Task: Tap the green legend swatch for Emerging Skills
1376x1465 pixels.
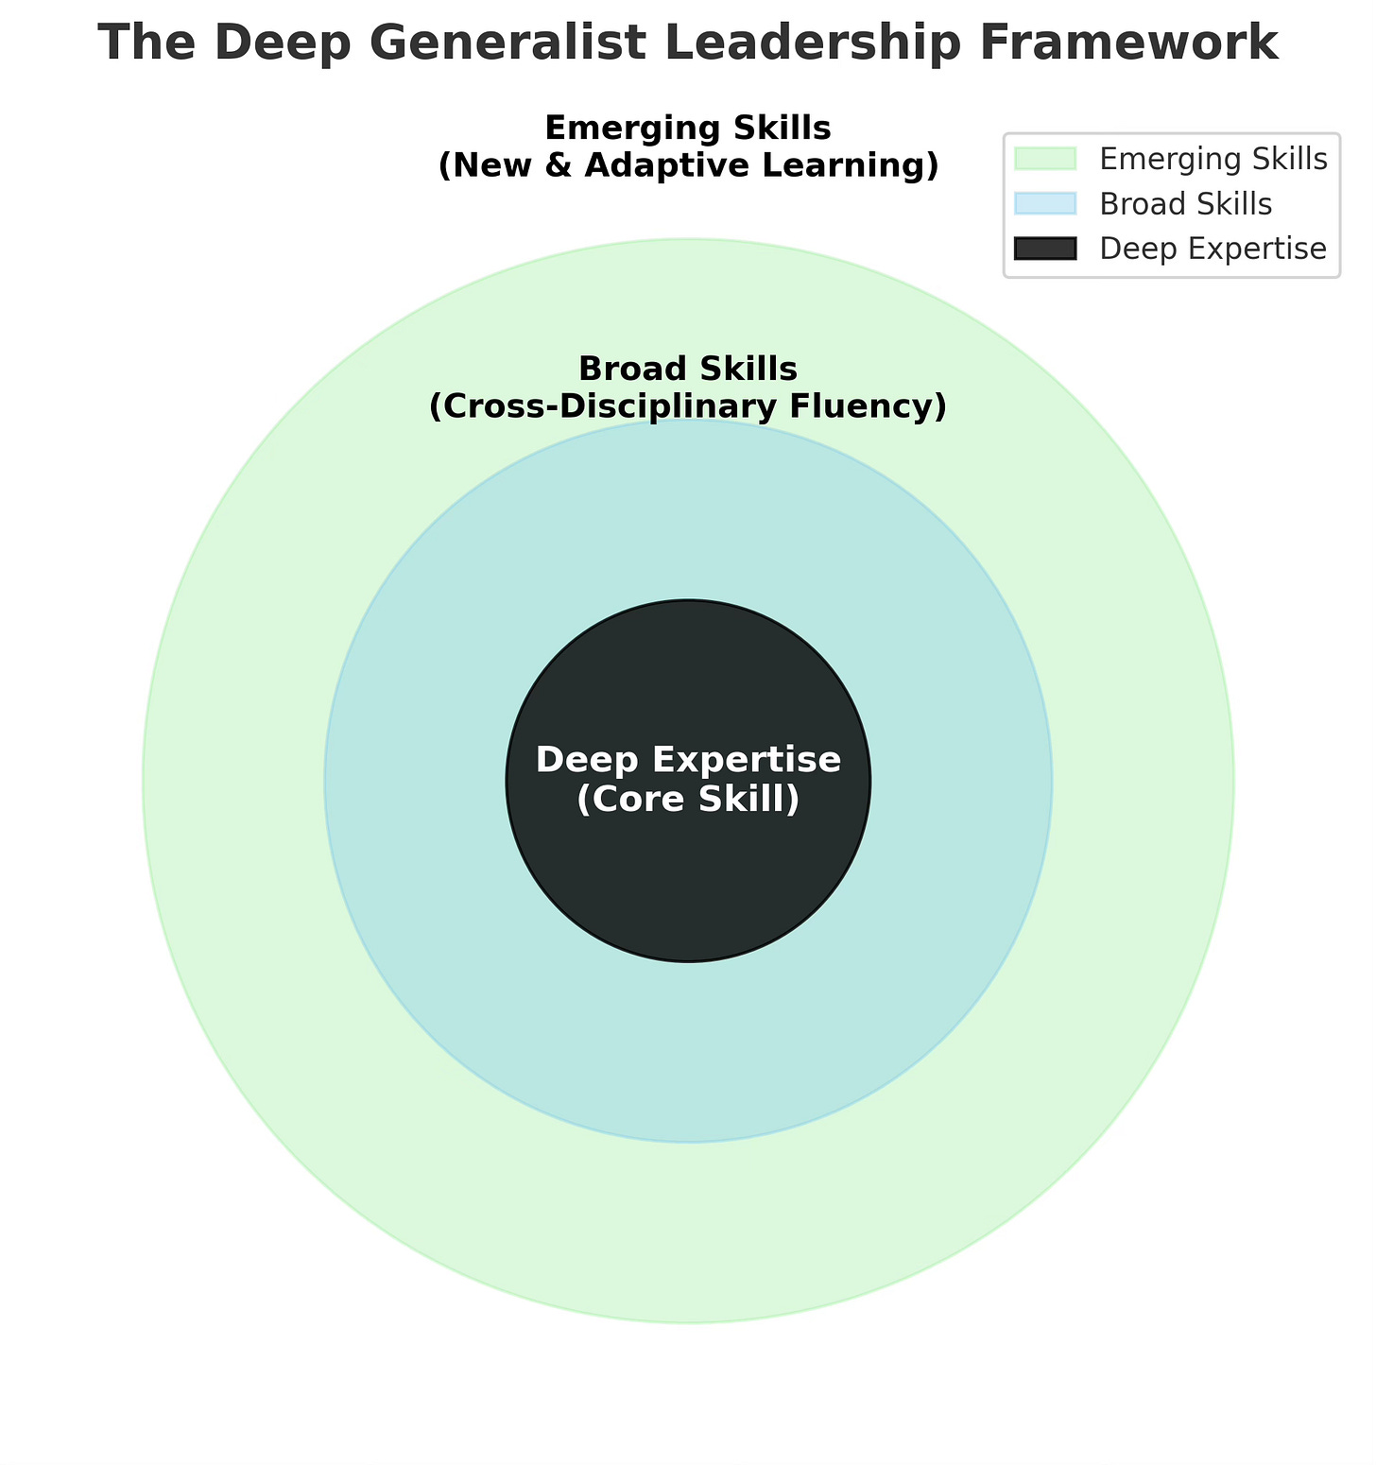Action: click(1044, 159)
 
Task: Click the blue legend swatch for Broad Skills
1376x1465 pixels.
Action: click(1044, 204)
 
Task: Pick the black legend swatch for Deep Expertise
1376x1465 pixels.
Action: click(1044, 250)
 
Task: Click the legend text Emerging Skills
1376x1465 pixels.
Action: click(1213, 159)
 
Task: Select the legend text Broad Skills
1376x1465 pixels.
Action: click(1185, 204)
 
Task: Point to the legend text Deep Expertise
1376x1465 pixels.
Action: click(1213, 250)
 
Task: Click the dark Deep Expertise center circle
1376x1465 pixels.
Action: click(688, 888)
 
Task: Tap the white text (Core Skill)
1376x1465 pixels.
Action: click(688, 800)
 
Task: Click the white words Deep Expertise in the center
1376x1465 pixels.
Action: click(688, 760)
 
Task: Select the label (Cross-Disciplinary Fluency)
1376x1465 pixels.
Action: click(688, 406)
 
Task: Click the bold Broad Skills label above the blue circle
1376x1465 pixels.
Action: click(688, 368)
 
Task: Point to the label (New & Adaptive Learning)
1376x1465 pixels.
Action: click(688, 165)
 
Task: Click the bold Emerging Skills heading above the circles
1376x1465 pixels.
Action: click(688, 128)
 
